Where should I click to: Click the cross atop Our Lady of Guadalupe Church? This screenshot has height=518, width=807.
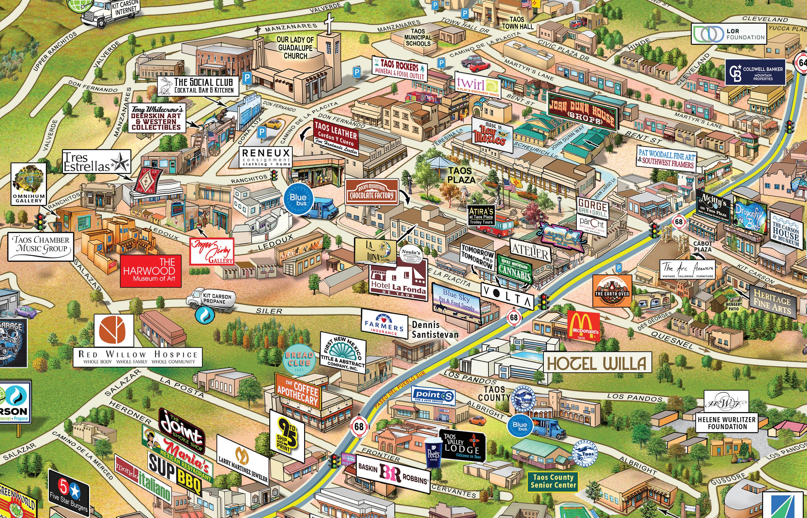coord(329,24)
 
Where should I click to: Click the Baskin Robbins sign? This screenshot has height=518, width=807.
coord(393,474)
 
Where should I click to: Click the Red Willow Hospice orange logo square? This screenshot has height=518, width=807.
coord(114,331)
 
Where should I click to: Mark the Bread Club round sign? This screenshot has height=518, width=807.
coord(299,360)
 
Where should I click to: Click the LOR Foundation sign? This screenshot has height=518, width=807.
coord(729,34)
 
